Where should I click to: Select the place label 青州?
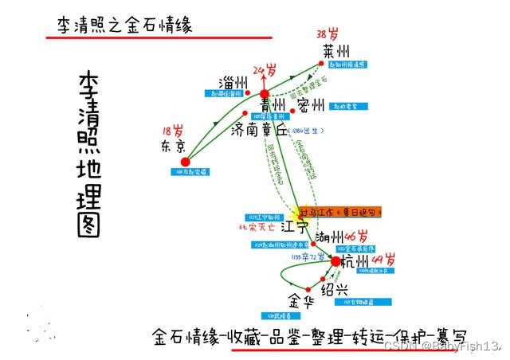[x=273, y=105]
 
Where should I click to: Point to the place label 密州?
[x=311, y=105]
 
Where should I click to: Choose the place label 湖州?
[x=331, y=237]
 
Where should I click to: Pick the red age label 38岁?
[x=328, y=34]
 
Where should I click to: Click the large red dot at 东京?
[x=186, y=162]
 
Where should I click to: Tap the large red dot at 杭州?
[x=336, y=261]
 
